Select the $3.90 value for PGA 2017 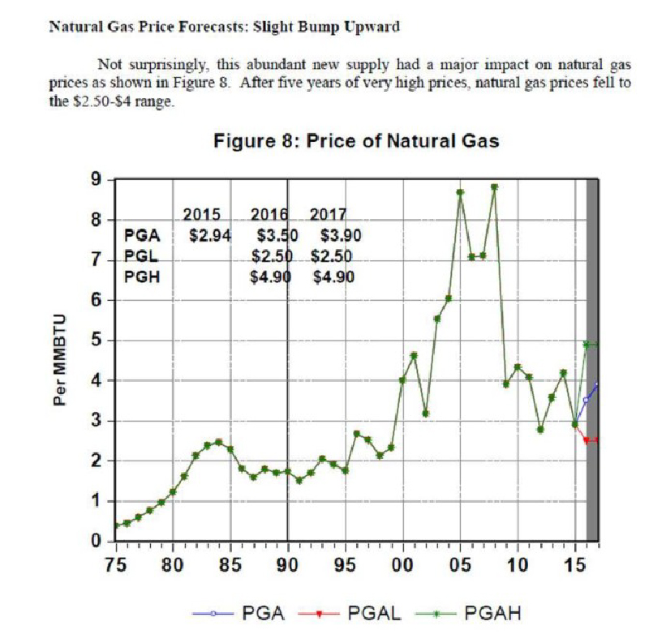tap(340, 237)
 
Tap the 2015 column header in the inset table tap(202, 216)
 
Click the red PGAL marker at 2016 tap(586, 440)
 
